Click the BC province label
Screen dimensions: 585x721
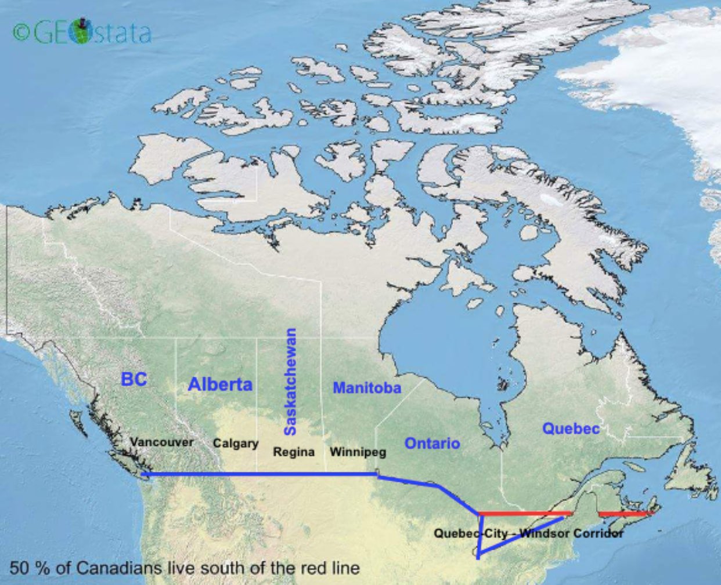click(134, 379)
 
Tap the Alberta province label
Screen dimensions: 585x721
click(220, 384)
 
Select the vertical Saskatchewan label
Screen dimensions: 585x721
click(290, 381)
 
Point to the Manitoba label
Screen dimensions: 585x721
click(366, 388)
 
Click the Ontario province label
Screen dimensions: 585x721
click(432, 444)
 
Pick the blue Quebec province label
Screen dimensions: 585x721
click(571, 428)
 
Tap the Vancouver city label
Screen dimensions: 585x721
click(161, 442)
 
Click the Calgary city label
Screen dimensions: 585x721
click(235, 443)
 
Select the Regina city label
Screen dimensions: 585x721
click(294, 452)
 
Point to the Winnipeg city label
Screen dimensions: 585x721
click(358, 452)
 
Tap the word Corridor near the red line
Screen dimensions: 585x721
click(599, 533)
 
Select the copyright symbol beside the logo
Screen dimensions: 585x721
click(21, 33)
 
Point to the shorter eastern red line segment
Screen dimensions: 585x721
click(625, 513)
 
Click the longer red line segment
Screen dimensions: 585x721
click(525, 514)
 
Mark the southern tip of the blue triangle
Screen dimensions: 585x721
click(478, 557)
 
